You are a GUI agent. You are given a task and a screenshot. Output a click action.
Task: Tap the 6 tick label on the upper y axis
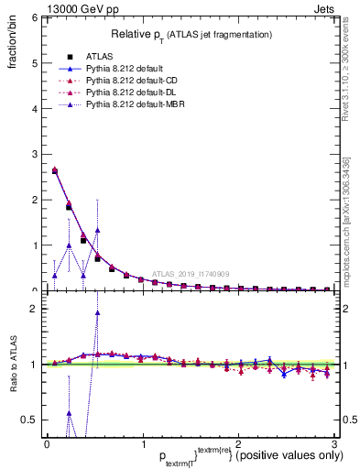[x=34, y=18]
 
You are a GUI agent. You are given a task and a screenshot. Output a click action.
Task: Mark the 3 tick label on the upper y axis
[x=34, y=154]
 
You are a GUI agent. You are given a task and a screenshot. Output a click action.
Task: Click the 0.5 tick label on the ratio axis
[x=29, y=420]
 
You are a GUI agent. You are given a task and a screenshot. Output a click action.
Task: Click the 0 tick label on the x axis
[x=47, y=443]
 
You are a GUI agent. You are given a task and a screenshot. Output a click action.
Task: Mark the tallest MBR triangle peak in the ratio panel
[x=97, y=312]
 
